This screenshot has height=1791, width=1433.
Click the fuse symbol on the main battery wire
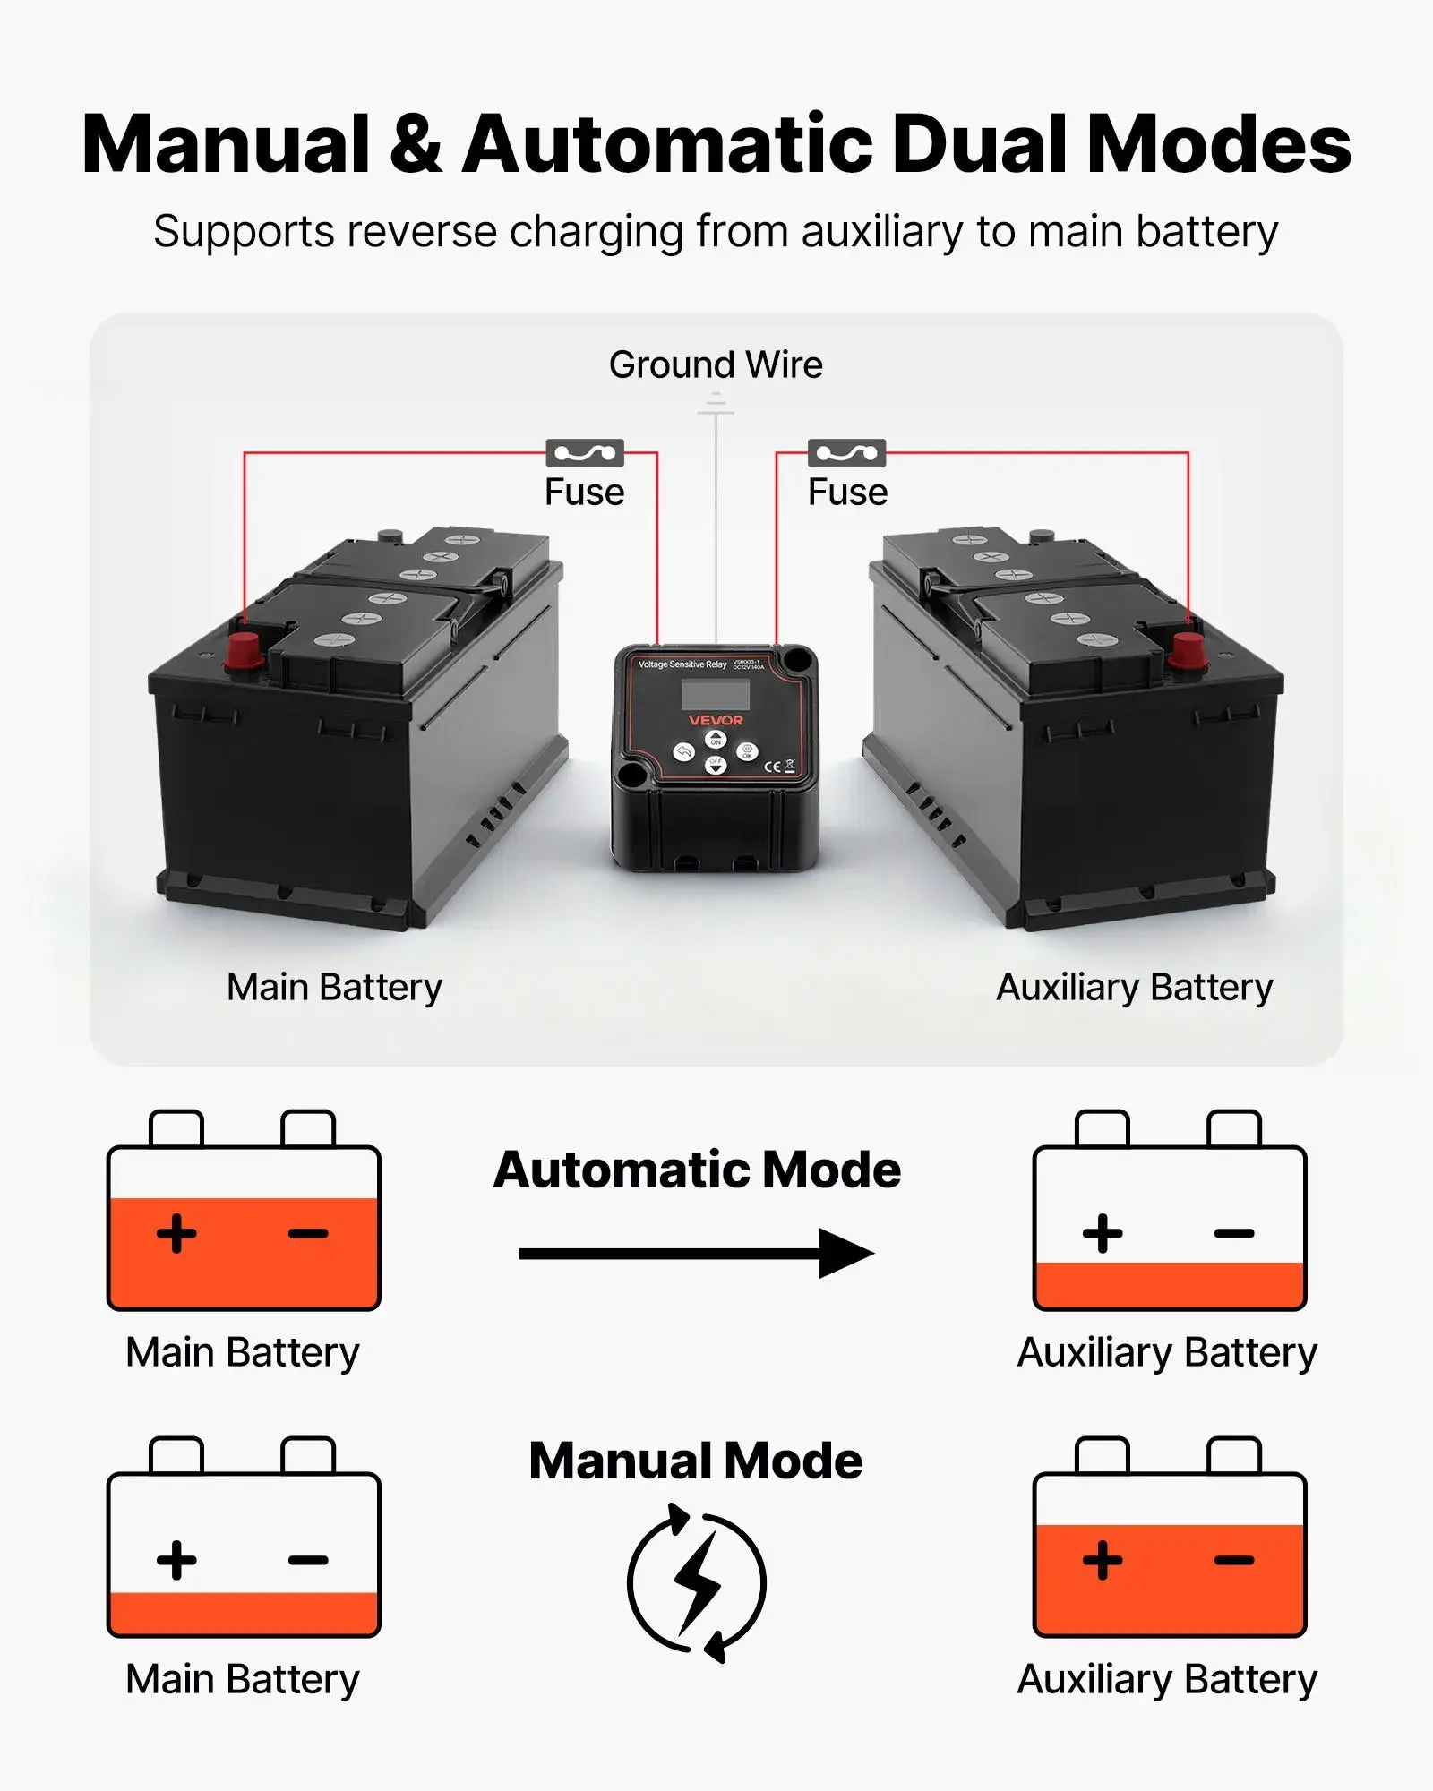pos(585,453)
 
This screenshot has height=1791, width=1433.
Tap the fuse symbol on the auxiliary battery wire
pos(846,453)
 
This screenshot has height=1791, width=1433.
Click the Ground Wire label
pos(716,365)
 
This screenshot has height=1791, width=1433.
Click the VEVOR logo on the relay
pos(716,720)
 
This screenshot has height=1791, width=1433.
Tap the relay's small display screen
pos(715,694)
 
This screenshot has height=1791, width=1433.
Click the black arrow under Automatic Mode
pos(696,1253)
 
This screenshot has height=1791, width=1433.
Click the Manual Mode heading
pos(696,1461)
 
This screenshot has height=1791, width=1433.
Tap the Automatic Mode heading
pos(697,1170)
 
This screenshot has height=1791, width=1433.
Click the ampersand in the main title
pos(416,145)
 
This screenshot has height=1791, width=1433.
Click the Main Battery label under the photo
pos(334,988)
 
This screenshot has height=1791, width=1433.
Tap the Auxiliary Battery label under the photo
pos(1134,988)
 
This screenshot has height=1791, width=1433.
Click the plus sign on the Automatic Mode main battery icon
pos(176,1233)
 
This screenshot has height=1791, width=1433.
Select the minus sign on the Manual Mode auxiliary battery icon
pos(1234,1561)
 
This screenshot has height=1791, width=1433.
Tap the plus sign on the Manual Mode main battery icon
pos(176,1561)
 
